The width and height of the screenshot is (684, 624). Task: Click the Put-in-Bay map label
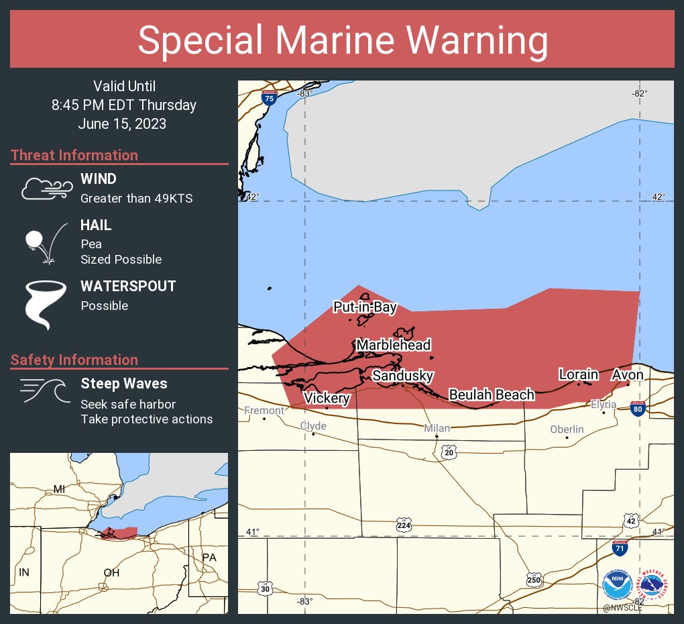365,308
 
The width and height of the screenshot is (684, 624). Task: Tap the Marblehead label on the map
393,345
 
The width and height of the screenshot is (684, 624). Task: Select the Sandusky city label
402,376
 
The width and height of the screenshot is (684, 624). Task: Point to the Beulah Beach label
492,395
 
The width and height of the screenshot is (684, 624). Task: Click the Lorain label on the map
579,374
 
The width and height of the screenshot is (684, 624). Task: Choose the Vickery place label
327,398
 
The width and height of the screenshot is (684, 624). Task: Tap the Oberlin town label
567,429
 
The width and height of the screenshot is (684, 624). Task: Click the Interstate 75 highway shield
269,98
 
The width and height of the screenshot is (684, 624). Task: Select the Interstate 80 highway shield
638,409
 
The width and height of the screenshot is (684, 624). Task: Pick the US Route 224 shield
403,523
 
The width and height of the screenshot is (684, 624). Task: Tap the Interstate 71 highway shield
620,548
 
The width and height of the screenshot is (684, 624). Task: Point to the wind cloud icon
45,189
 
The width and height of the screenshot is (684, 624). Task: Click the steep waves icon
42,391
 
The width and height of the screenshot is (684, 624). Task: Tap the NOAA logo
617,586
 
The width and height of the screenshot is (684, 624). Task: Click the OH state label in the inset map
111,572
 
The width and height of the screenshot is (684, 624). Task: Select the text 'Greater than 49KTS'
136,199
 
